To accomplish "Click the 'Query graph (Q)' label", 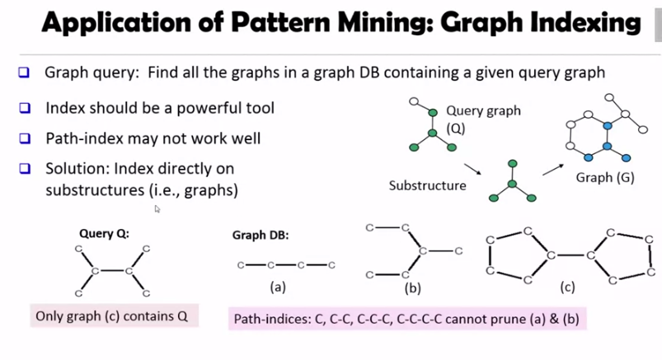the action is [x=483, y=119].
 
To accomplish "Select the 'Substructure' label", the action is [x=427, y=185].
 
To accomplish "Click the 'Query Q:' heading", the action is [x=104, y=233].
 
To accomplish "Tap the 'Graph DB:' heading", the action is [x=261, y=235].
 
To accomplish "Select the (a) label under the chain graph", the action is [x=278, y=287].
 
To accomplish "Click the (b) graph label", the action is [x=412, y=288].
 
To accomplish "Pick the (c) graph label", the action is [x=567, y=288].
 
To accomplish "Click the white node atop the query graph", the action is [x=415, y=101].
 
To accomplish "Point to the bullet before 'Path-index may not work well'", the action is [x=25, y=138].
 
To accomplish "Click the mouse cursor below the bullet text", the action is [x=157, y=209].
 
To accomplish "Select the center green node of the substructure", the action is [x=512, y=182].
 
